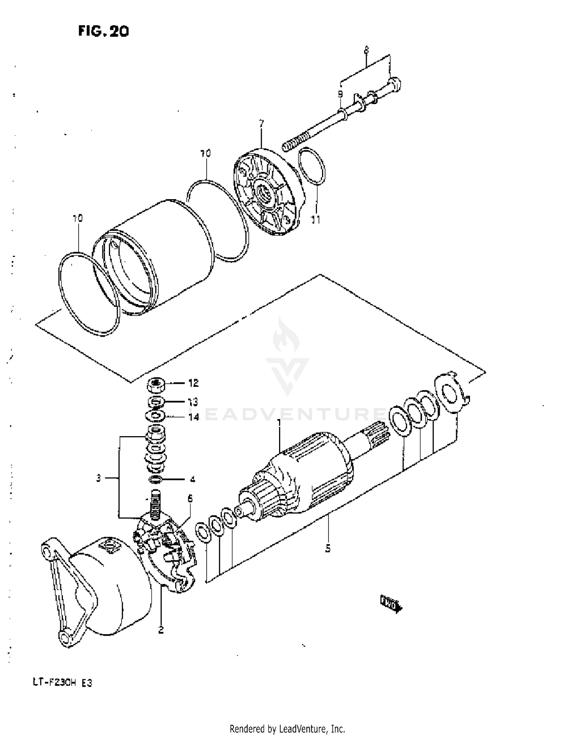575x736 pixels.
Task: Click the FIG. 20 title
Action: [103, 31]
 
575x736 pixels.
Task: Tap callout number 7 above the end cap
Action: [261, 124]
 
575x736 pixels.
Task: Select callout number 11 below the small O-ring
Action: [315, 220]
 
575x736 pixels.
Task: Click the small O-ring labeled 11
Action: [312, 166]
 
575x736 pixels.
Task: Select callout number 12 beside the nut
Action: [194, 383]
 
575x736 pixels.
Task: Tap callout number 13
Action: [193, 402]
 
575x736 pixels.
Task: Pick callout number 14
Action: [194, 417]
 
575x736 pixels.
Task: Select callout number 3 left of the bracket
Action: [99, 478]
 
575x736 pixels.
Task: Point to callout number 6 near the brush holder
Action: [190, 498]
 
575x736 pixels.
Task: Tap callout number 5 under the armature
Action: [328, 548]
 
